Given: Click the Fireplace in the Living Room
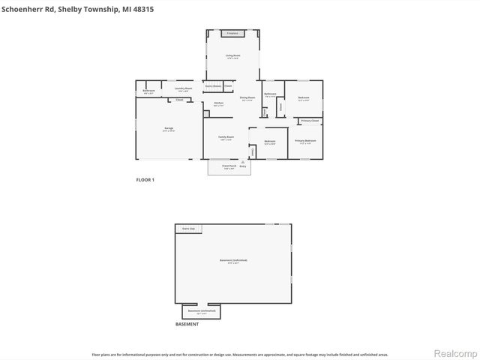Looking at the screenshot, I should click(x=232, y=33).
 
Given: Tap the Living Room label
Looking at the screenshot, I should click(x=233, y=55).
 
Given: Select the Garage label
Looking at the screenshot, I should click(x=169, y=129).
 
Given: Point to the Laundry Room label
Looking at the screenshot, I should click(x=180, y=89).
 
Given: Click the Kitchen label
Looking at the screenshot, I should click(x=218, y=103).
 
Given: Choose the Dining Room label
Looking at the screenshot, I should click(x=247, y=98).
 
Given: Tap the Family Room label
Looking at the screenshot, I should click(x=226, y=137).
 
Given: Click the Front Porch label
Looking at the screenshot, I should click(x=229, y=166).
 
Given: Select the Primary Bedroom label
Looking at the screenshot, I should click(x=305, y=141).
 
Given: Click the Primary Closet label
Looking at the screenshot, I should click(x=310, y=120).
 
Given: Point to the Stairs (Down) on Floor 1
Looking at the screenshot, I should click(x=213, y=86).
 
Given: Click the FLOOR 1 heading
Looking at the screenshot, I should click(x=145, y=180).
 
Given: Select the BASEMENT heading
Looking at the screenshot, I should click(x=187, y=324).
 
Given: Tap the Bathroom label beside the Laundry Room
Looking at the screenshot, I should click(x=148, y=91).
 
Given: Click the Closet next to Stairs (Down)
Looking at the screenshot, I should click(x=228, y=86).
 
